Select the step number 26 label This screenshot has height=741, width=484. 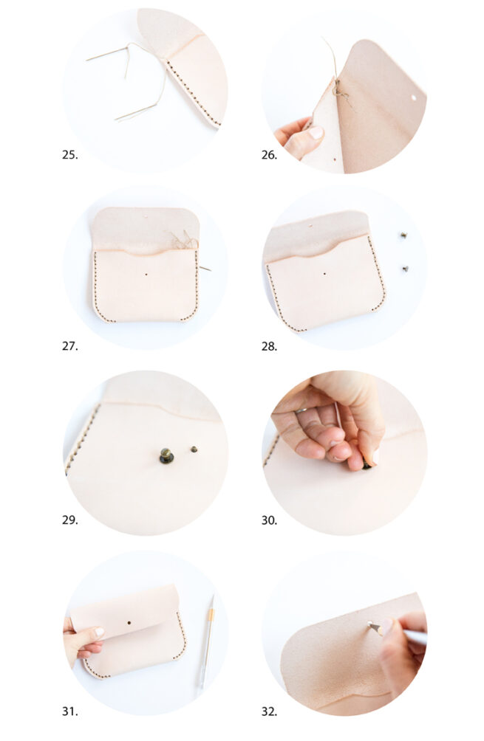269,155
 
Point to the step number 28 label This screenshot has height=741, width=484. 269,345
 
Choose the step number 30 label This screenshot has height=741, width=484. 269,520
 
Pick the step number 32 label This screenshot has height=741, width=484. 269,711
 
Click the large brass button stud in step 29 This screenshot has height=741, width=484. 167,456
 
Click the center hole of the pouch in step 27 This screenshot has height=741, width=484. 147,275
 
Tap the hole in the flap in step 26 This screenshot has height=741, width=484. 413,97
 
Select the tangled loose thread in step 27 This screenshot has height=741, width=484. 183,239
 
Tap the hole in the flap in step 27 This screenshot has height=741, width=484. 146,218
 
